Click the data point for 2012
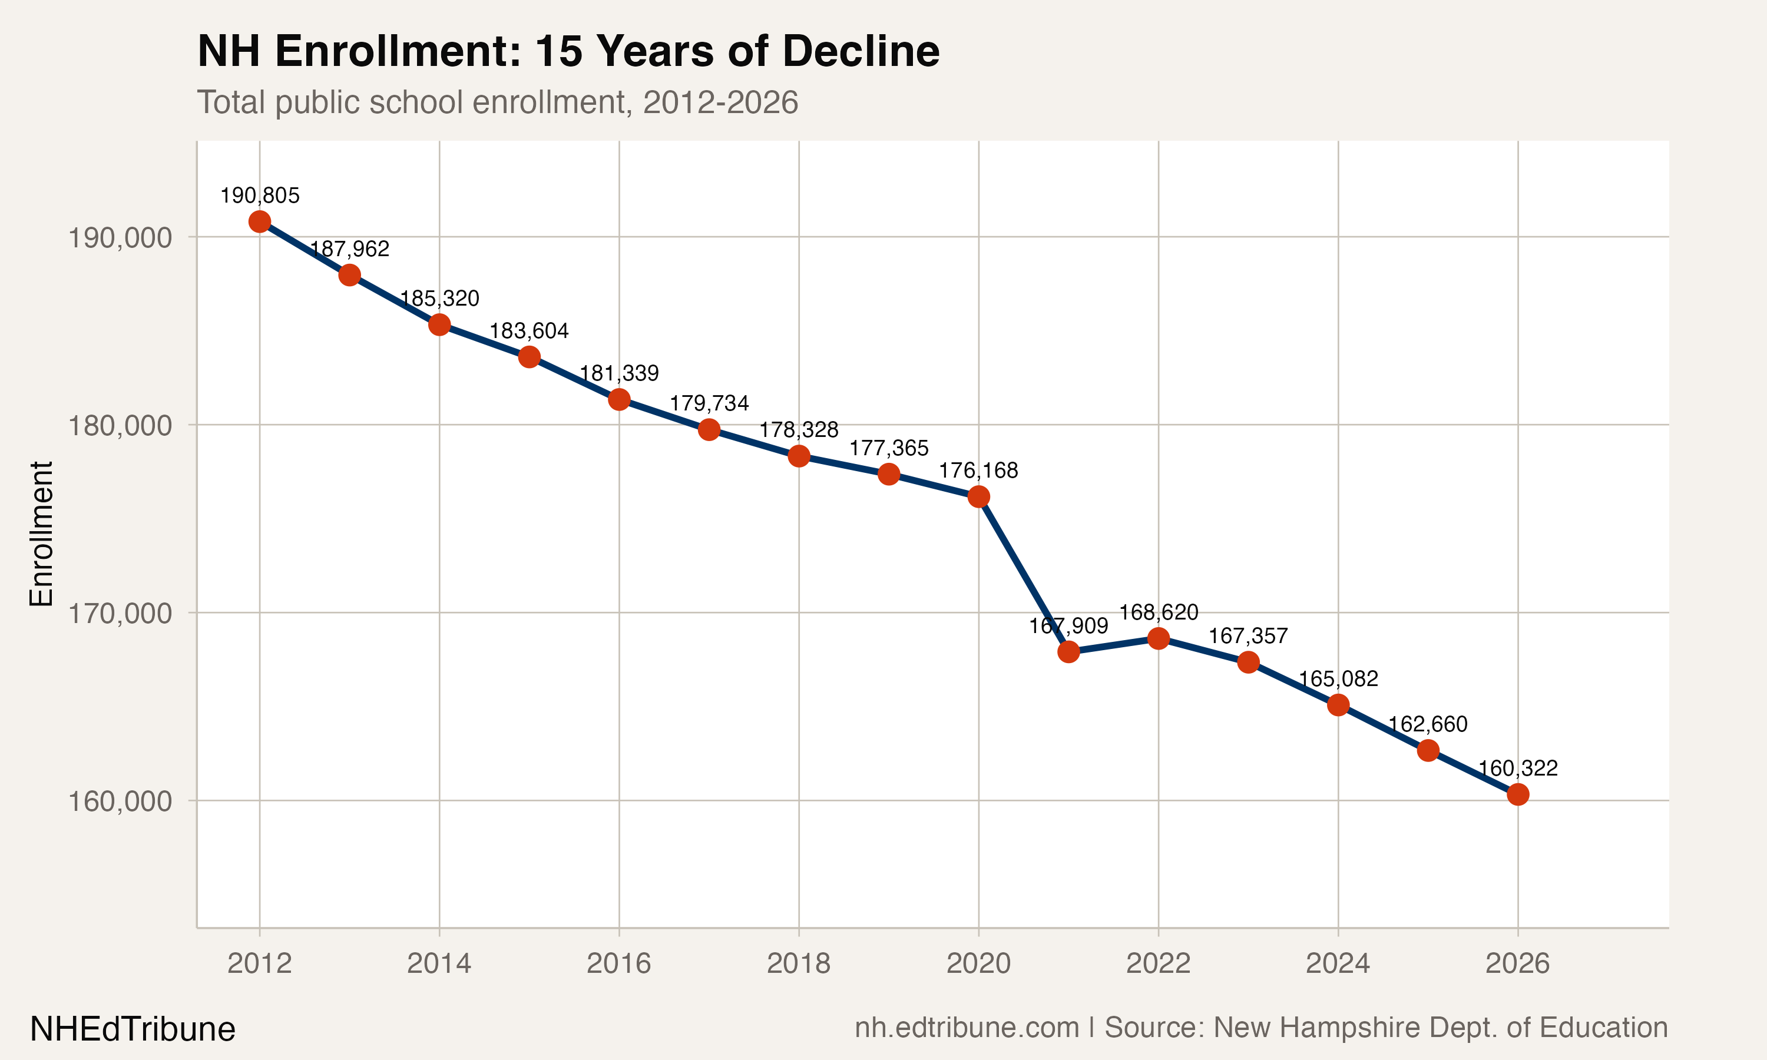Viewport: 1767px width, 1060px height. (x=259, y=221)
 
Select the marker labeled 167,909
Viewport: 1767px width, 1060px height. (x=1068, y=651)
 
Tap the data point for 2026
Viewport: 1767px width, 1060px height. (x=1518, y=794)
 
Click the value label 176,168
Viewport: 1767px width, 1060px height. (x=978, y=470)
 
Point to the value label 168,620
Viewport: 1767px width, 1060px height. (x=1158, y=612)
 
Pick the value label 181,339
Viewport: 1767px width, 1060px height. (x=618, y=373)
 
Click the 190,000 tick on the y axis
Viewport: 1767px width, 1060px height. (x=120, y=237)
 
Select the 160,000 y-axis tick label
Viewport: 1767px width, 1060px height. (x=120, y=801)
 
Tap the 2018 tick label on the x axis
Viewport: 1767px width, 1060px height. (x=799, y=963)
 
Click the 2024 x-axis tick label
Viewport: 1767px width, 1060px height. (x=1338, y=963)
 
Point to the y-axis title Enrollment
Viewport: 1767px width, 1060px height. (x=41, y=534)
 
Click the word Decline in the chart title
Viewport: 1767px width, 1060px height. (x=861, y=51)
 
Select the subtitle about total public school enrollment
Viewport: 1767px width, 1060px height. (x=497, y=102)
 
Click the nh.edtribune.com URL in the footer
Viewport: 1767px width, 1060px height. (x=967, y=1028)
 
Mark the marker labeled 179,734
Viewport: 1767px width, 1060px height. (x=709, y=429)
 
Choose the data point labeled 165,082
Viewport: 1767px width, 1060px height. (x=1338, y=705)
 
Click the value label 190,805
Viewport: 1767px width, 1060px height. (x=259, y=195)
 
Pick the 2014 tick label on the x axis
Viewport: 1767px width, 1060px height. (x=439, y=963)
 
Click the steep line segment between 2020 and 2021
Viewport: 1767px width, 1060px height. (x=1024, y=574)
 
